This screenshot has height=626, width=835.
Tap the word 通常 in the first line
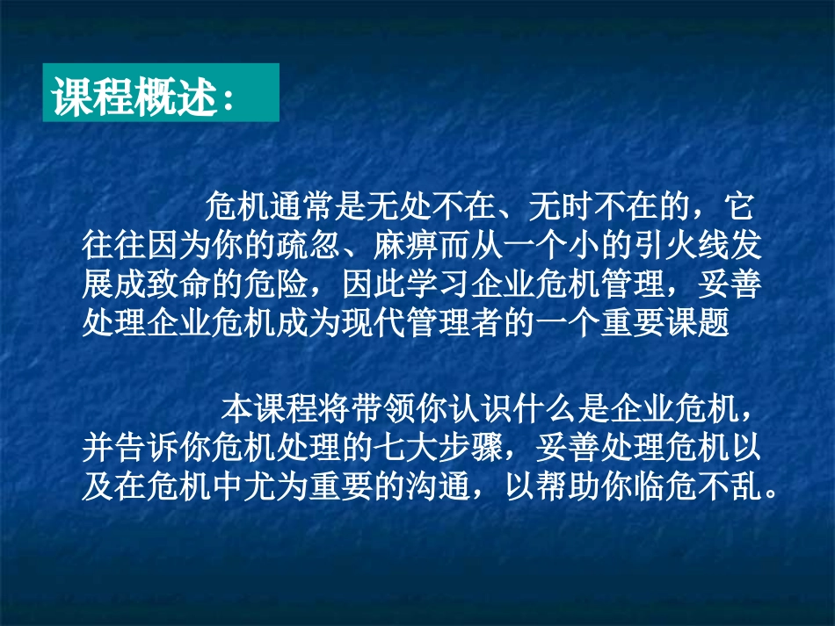click(x=300, y=210)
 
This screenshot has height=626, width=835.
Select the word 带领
click(x=381, y=410)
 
